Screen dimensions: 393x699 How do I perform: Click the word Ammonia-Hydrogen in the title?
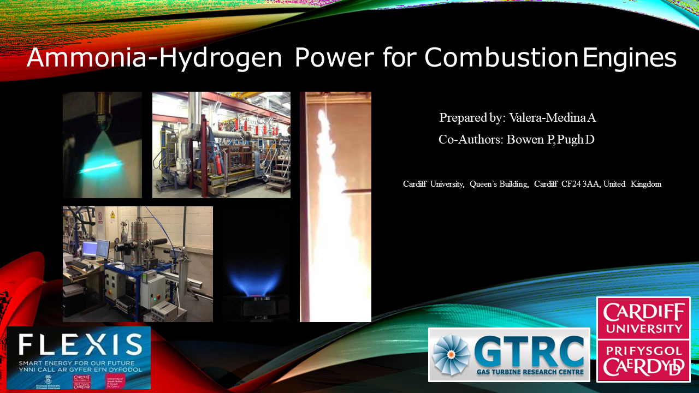pos(154,57)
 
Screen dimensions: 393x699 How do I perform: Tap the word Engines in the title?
pos(630,57)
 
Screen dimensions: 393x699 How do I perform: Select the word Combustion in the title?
pos(501,57)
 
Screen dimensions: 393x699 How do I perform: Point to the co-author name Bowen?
pos(526,139)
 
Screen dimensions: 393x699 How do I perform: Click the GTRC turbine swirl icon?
pos(451,355)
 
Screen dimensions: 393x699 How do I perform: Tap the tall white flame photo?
pos(335,207)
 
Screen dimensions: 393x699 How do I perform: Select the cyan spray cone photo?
pos(102,145)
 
